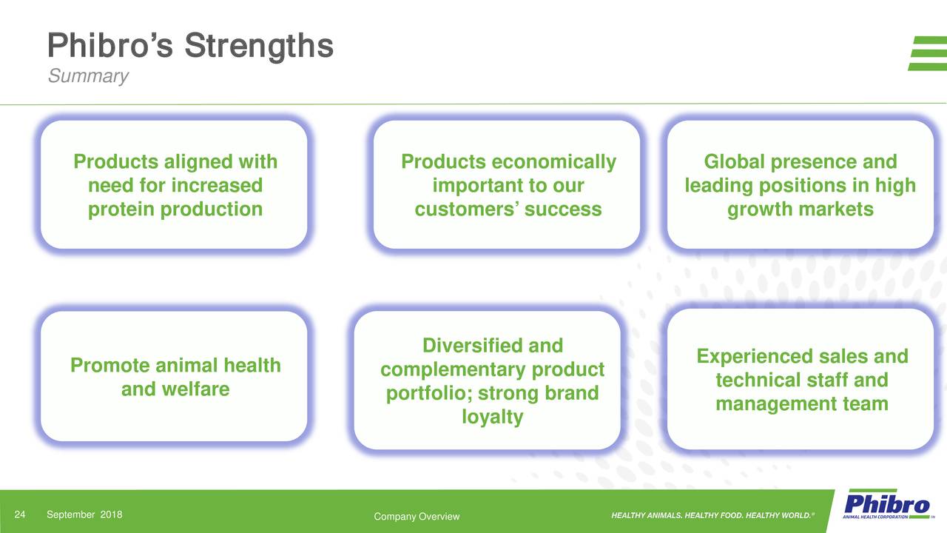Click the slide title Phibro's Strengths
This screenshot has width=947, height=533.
pyautogui.click(x=190, y=46)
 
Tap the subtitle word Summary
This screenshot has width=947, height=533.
pyautogui.click(x=88, y=76)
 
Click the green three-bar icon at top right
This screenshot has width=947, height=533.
pyautogui.click(x=927, y=53)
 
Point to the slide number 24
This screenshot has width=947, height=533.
pyautogui.click(x=21, y=515)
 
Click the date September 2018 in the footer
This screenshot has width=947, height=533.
pyautogui.click(x=84, y=515)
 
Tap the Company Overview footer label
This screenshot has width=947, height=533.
pyautogui.click(x=417, y=516)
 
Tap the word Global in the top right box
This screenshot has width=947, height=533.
pyautogui.click(x=734, y=162)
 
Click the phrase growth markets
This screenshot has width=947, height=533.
pyautogui.click(x=800, y=209)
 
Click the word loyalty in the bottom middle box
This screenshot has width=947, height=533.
pyautogui.click(x=492, y=417)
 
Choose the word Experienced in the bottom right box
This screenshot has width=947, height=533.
pyautogui.click(x=752, y=357)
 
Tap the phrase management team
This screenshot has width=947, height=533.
pyautogui.click(x=801, y=404)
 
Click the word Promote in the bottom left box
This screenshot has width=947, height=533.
pyautogui.click(x=106, y=365)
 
